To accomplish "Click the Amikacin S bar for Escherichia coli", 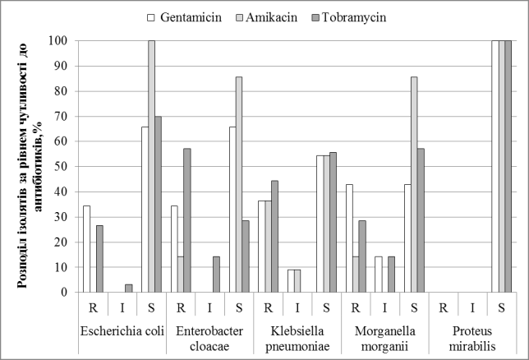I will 151,166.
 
